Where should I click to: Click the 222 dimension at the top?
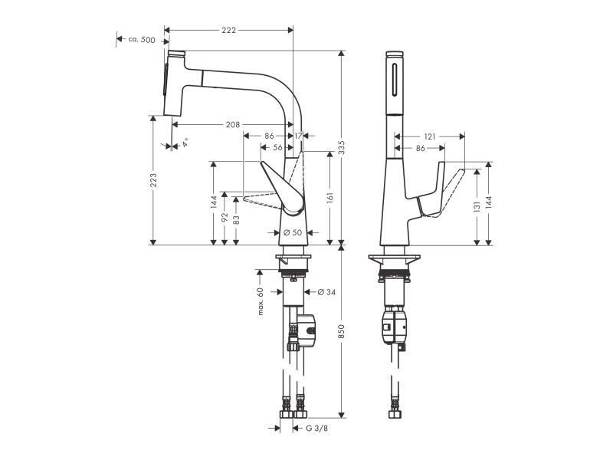click(228, 30)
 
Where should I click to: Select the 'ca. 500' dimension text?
click(142, 40)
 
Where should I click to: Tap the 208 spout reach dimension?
click(233, 124)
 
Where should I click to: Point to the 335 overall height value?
click(341, 147)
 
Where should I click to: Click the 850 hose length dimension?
click(341, 332)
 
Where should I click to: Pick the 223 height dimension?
click(154, 180)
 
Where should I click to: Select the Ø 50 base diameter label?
click(293, 232)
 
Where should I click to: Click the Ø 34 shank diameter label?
click(326, 292)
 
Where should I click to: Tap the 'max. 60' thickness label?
click(261, 301)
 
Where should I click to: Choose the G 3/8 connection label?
click(316, 429)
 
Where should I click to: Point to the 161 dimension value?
click(330, 198)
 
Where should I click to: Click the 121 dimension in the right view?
click(430, 136)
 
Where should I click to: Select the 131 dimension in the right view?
click(477, 207)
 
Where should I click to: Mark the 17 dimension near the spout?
click(298, 136)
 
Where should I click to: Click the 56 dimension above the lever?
click(277, 147)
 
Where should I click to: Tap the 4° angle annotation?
click(185, 142)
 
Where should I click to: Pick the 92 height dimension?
click(225, 218)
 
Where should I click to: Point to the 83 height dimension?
click(236, 220)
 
